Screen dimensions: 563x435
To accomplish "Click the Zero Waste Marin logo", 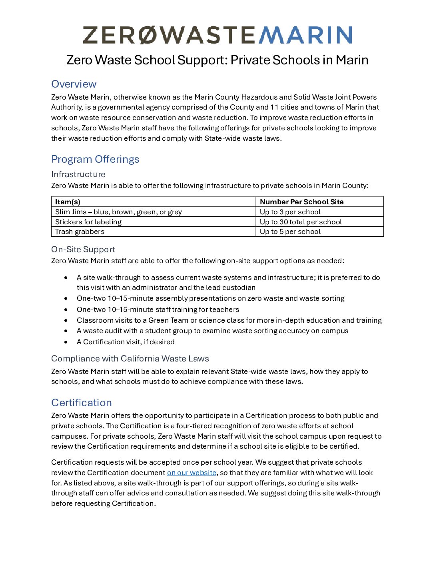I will pos(217,35).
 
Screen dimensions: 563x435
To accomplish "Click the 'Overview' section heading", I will pos(74,84).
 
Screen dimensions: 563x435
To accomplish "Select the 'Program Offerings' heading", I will pos(95,159).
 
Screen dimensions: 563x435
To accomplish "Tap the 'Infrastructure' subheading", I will pos(78,174).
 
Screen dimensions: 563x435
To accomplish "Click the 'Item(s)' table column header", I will pos(68,202).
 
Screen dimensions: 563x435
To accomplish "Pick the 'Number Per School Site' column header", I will pos(301,202).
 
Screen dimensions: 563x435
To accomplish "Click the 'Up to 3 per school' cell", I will pos(290,212).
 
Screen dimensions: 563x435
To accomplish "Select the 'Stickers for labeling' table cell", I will pos(88,222).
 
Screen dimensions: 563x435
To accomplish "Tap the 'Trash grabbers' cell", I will pos(80,232).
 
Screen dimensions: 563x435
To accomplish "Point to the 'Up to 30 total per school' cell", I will pos(301,222).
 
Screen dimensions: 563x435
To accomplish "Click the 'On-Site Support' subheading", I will pos(83,250).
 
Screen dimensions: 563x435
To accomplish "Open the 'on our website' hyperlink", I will pos(192,473).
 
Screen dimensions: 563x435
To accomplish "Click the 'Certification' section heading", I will pos(82,403).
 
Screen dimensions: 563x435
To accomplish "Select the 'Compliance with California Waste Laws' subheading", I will pos(130,359).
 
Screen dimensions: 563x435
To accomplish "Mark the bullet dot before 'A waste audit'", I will pos(66,331).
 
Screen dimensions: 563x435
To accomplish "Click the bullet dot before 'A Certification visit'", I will pos(66,342).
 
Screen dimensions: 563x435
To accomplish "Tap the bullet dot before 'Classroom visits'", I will pos(66,320).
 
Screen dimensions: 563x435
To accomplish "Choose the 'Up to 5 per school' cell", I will pos(290,232).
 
